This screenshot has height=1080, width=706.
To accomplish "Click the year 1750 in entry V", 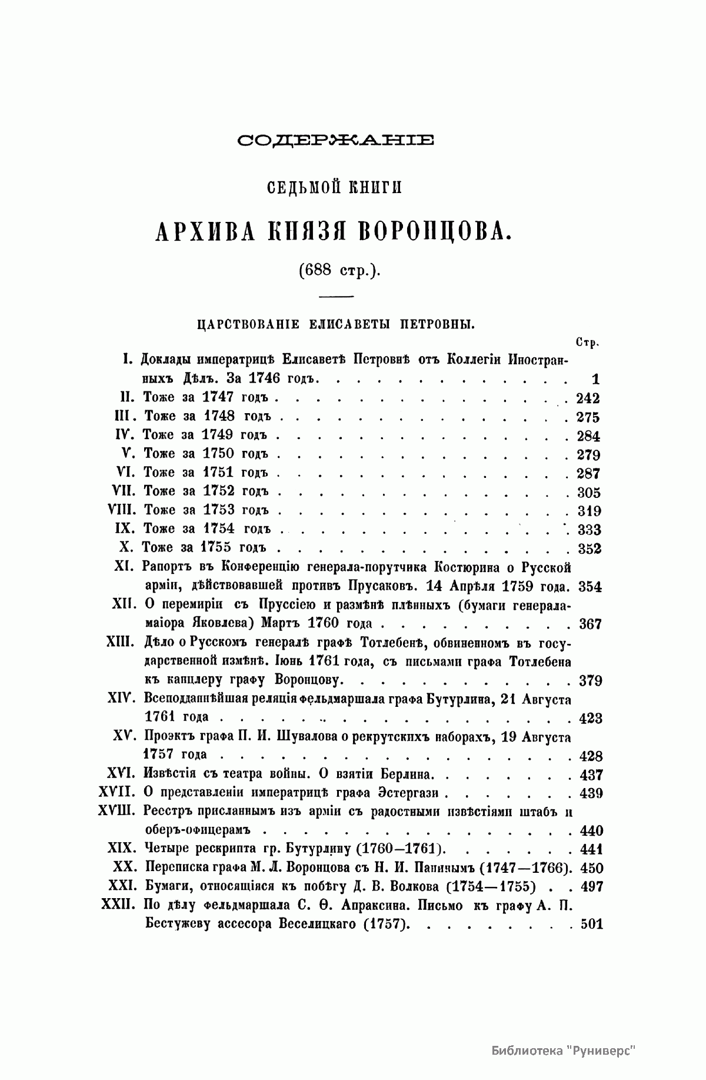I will pos(219,454).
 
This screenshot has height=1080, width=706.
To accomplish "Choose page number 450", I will pos(591,868).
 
